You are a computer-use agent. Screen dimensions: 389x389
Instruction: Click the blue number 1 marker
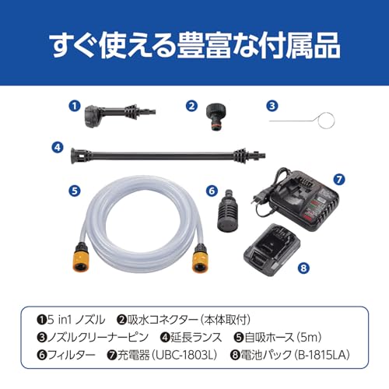point(75,106)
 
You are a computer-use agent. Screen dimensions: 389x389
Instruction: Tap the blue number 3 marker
point(272,106)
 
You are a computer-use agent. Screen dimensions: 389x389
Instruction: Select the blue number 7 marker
point(339,179)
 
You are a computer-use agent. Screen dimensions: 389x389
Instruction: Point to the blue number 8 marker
point(303,268)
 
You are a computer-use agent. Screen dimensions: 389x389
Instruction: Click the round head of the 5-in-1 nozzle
point(93,116)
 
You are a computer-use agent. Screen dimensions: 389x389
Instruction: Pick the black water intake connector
point(216,117)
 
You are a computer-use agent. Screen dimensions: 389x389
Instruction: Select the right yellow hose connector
point(199,258)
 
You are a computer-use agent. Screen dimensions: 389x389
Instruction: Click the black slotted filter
point(227,211)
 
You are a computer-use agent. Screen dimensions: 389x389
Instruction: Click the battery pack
point(272,250)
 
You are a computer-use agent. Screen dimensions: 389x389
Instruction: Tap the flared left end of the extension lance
point(75,156)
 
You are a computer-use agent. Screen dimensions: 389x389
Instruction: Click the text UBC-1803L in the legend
point(184,355)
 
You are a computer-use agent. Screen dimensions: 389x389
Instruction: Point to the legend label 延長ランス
point(196,338)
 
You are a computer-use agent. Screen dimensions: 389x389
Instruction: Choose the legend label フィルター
point(72,355)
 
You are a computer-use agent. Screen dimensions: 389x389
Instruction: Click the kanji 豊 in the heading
point(191,46)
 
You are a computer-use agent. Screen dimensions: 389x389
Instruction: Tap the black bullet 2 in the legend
point(121,320)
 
